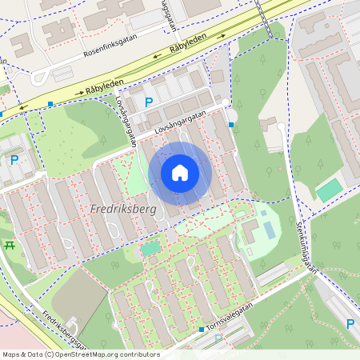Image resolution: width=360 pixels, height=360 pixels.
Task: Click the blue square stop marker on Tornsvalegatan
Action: (202, 329)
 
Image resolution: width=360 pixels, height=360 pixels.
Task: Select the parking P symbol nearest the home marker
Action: (149, 102)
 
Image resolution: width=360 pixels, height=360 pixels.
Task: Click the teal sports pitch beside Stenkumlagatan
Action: (330, 190)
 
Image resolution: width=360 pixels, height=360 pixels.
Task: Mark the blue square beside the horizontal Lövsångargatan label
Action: (231, 125)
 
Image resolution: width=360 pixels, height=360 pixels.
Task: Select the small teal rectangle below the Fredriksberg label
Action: (150, 249)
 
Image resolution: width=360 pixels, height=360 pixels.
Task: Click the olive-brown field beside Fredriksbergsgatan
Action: (78, 303)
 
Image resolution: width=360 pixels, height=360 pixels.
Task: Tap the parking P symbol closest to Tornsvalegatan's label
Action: (218, 340)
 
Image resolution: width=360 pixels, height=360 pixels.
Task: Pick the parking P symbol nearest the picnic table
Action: (14, 159)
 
